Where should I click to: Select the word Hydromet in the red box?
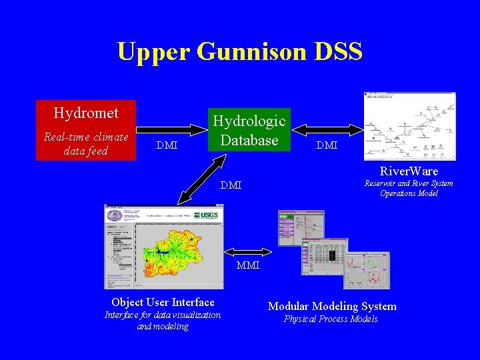tap(86, 113)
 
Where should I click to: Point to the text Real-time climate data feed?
tap(86, 144)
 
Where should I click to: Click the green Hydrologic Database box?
tap(249, 130)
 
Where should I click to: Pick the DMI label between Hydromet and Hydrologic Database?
tap(166, 145)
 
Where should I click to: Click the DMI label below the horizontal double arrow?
tap(327, 145)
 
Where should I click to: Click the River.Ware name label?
tap(409, 171)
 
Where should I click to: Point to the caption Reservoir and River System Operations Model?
tap(409, 188)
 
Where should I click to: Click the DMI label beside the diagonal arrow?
tap(231, 185)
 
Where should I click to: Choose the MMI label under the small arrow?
tap(249, 266)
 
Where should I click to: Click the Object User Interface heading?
tap(163, 302)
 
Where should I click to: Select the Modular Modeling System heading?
tap(332, 306)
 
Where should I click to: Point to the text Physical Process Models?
tap(331, 319)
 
